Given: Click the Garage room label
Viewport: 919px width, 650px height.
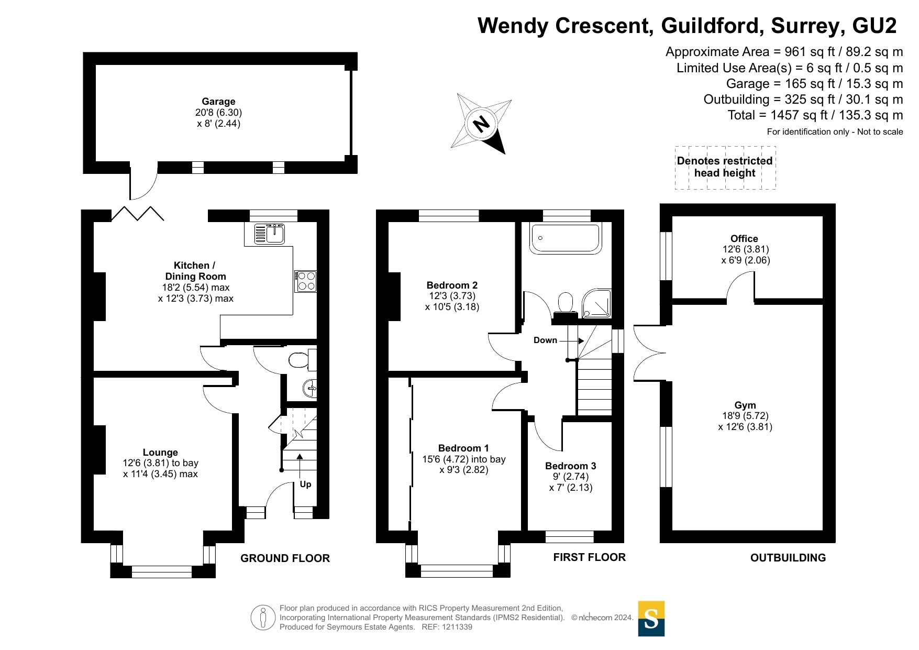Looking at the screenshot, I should tap(218, 102).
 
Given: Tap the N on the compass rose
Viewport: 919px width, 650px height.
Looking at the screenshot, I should tap(481, 124).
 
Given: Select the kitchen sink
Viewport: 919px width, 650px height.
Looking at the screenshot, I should tap(270, 234).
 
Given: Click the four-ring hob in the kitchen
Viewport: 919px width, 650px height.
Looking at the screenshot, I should tap(306, 281).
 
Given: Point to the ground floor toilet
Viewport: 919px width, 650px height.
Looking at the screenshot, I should tap(300, 360).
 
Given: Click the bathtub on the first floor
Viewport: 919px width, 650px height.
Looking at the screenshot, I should tap(564, 238).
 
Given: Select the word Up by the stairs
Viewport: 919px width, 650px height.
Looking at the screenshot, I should tap(305, 484).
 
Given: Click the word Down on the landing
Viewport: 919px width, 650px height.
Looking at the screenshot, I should tap(545, 340).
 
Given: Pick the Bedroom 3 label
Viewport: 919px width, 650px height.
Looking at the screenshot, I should tap(570, 466).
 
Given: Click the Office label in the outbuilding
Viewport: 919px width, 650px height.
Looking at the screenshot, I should tap(744, 239).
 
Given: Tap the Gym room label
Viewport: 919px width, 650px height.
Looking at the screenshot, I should tap(745, 405).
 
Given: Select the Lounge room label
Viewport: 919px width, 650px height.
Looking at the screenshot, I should tap(160, 453).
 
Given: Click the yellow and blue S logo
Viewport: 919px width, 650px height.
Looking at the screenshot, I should tap(651, 619).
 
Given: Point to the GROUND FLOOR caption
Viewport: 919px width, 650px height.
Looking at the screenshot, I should tap(285, 558).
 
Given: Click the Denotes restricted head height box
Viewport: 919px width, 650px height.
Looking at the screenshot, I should tap(725, 167).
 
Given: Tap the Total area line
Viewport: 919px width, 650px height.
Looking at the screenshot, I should tap(815, 115).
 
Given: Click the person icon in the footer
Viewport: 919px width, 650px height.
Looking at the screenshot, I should tap(263, 618).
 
